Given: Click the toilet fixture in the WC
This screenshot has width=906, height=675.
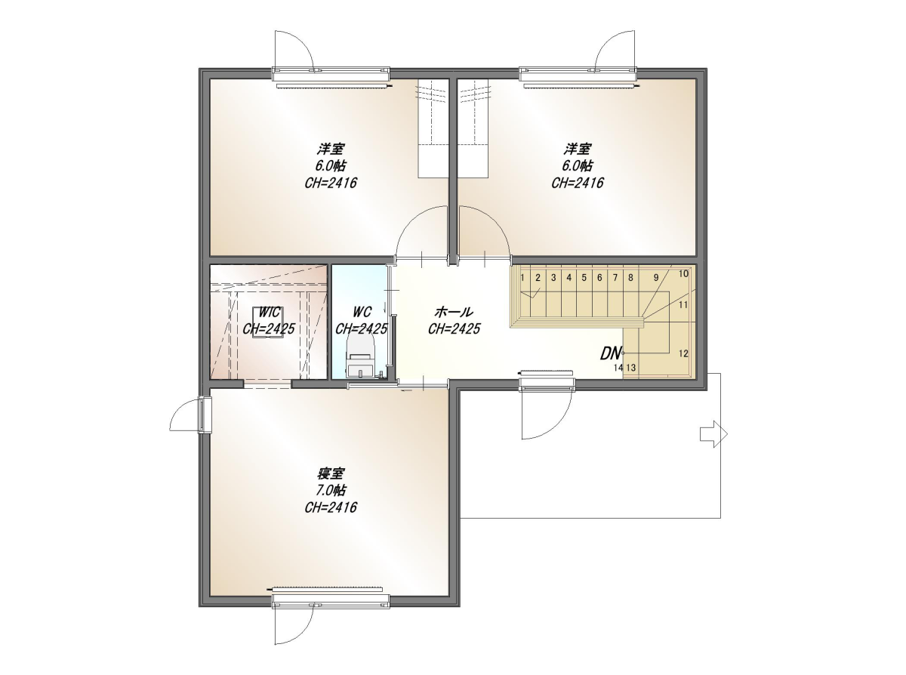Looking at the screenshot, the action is pos(361,356).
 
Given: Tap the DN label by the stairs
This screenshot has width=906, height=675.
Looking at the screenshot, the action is pos(610,354).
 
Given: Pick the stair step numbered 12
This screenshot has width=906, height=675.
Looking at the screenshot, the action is pos(683,354).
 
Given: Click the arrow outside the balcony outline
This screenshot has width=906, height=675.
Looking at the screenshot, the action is pos(713,434).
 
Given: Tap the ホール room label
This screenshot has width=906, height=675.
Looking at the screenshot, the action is pos(454,313).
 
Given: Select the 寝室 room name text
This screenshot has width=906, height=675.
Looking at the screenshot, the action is pos(331,474).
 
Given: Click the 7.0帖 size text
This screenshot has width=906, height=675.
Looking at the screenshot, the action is pos(331,490).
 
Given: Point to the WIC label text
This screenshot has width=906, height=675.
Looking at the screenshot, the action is pos(270,313).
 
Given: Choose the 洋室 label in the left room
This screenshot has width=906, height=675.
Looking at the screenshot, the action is pos(331,149).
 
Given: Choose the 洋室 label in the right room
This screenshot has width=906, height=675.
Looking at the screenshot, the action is pos(578,149).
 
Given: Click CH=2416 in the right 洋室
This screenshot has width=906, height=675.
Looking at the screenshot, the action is pos(578,183).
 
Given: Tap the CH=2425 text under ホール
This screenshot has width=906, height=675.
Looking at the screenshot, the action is pos(454,329).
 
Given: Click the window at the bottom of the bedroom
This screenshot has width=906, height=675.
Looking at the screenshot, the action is pos(331,608).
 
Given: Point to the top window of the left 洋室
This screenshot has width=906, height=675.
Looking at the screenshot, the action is pos(331,74).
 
